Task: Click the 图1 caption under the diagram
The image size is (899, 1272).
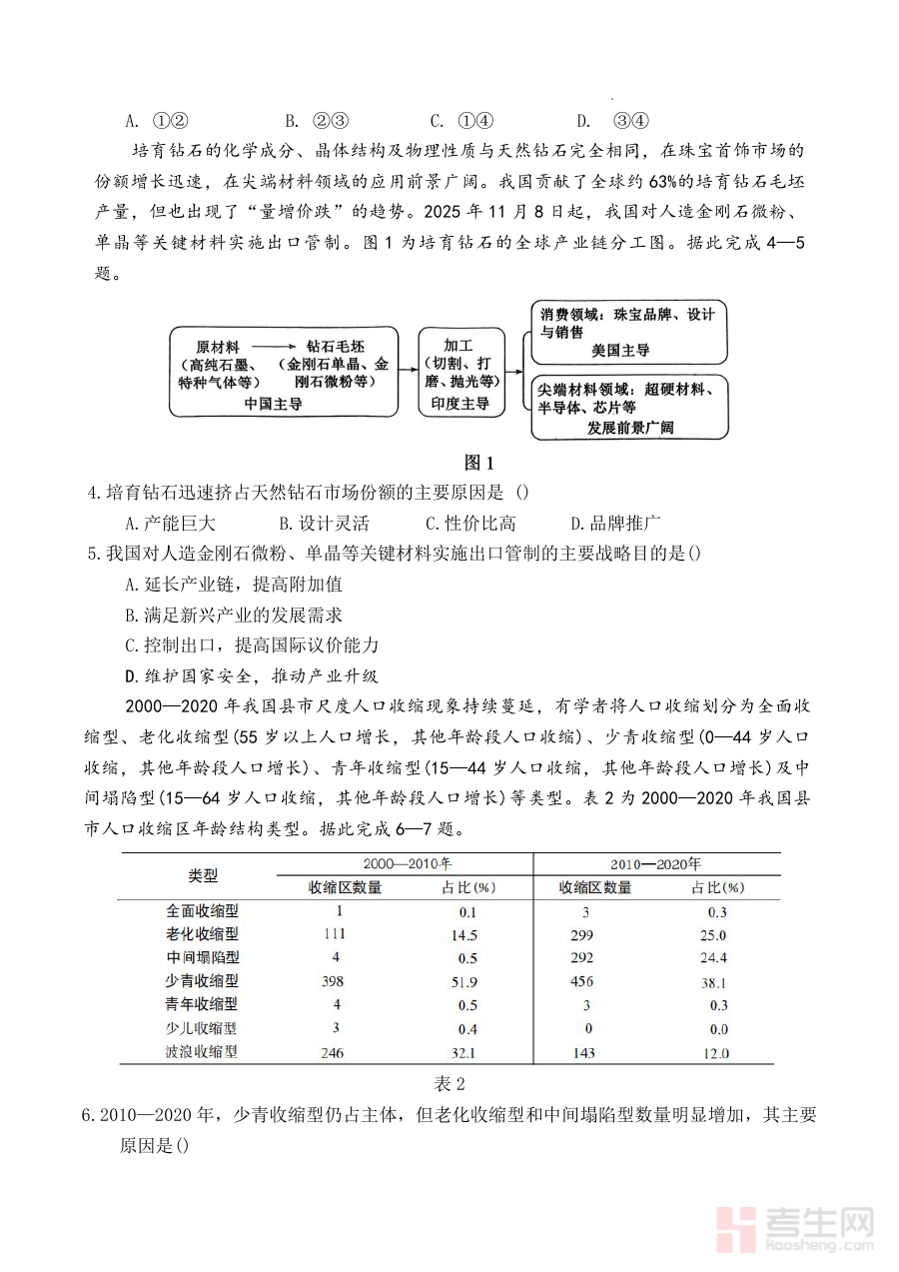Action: pos(479,462)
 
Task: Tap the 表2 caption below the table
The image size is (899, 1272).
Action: pos(449,1083)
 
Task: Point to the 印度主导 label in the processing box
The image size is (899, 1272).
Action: pos(459,404)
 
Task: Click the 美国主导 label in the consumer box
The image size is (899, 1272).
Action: pos(621,350)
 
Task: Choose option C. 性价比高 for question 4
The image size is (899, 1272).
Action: pos(470,523)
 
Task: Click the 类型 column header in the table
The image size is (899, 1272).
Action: pos(202,875)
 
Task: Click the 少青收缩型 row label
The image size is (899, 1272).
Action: pos(202,981)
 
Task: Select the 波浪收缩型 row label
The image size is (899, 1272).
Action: pos(202,1051)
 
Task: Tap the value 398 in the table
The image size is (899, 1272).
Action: pos(333,981)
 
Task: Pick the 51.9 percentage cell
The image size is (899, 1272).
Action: pos(464,982)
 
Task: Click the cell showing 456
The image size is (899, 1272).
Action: pos(581,981)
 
